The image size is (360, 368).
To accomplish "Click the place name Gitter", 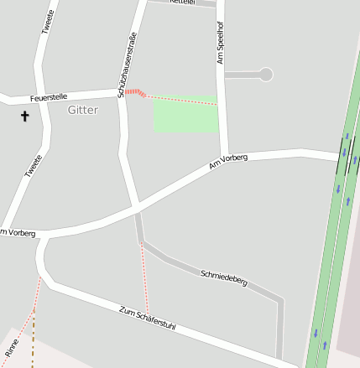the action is pyautogui.click(x=82, y=110).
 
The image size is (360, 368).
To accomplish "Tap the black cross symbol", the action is pyautogui.click(x=24, y=117).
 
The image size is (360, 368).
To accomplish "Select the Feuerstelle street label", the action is pyautogui.click(x=49, y=98).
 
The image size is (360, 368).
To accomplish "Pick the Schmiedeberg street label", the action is pyautogui.click(x=224, y=278).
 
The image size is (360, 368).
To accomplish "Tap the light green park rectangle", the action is pyautogui.click(x=185, y=115).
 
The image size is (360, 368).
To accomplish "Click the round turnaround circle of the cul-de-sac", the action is pyautogui.click(x=266, y=75).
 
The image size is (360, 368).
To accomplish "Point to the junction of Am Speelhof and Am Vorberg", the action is pyautogui.click(x=222, y=157).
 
